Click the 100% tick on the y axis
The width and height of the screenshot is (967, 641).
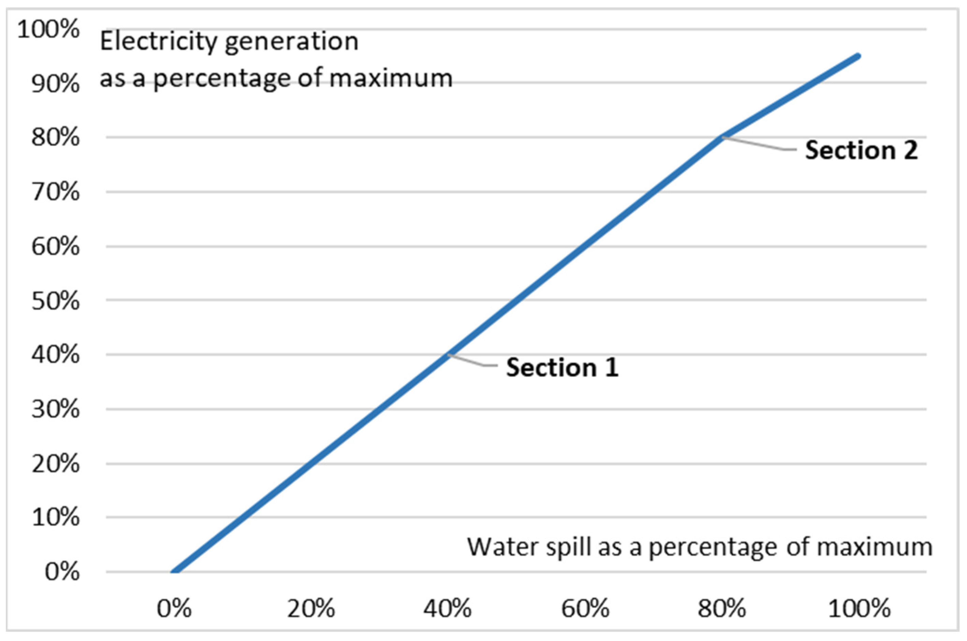pyautogui.click(x=48, y=30)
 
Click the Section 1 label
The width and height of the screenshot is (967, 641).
pyautogui.click(x=562, y=367)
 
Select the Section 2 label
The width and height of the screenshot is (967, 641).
pyautogui.click(x=861, y=150)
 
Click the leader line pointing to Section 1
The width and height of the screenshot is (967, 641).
pyautogui.click(x=474, y=362)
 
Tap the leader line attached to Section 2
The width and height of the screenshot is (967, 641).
pyautogui.click(x=760, y=144)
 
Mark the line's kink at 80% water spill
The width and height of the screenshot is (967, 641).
pyautogui.click(x=722, y=137)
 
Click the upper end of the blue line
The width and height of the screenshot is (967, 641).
pyautogui.click(x=858, y=56)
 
